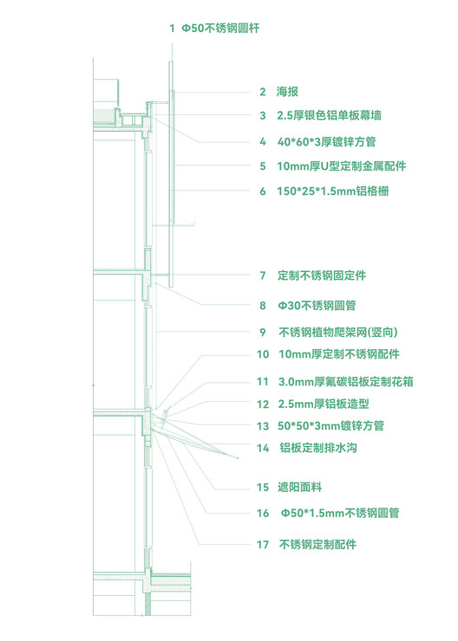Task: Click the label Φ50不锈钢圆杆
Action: (220, 29)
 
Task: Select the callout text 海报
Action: (287, 92)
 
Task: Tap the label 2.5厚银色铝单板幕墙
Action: (329, 115)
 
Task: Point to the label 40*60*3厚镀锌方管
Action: (326, 142)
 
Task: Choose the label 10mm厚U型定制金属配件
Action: (342, 166)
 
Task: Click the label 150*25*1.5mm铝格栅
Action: (333, 191)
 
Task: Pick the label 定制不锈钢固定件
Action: (322, 275)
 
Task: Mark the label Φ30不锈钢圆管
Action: (317, 306)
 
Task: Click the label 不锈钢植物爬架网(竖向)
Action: (338, 332)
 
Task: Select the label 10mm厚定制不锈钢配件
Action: (339, 354)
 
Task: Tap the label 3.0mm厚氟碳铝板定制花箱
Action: (346, 382)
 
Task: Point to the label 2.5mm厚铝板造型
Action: (324, 405)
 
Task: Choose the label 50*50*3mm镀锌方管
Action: (330, 425)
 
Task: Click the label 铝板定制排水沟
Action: (318, 448)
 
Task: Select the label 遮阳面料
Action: (300, 488)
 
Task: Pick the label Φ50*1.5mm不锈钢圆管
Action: (340, 513)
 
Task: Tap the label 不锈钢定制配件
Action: (317, 545)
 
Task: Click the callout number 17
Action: (263, 545)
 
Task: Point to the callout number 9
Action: (263, 333)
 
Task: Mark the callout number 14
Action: (263, 448)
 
